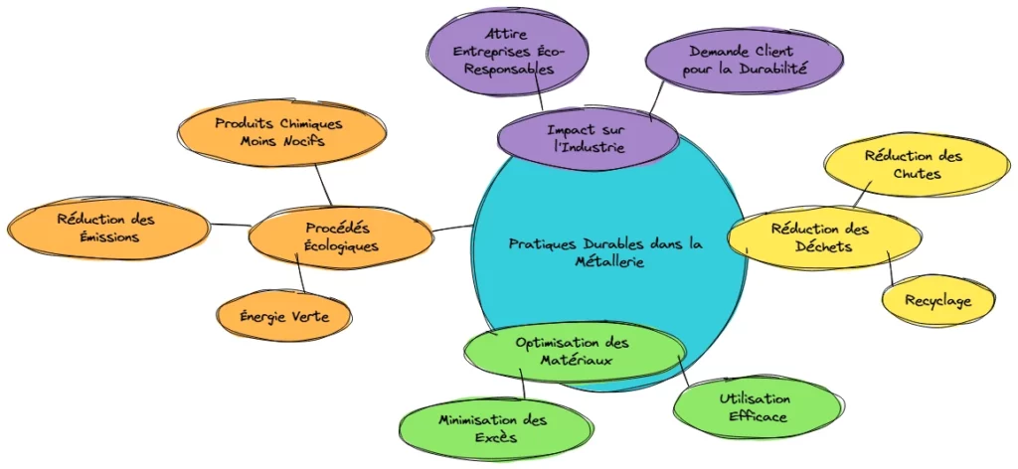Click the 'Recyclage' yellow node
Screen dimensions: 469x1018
coord(937,300)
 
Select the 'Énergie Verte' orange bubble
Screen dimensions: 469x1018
coord(284,317)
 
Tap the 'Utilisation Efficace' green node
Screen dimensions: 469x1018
coord(757,408)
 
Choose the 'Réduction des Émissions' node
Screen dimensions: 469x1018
coord(105,228)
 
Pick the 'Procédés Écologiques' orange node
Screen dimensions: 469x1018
coord(341,237)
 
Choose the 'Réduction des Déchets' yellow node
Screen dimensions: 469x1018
coord(820,237)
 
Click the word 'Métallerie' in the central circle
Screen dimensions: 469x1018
coord(609,262)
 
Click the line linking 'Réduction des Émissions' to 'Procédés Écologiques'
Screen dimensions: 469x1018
coord(230,225)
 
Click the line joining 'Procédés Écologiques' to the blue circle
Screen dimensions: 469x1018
coord(452,229)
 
